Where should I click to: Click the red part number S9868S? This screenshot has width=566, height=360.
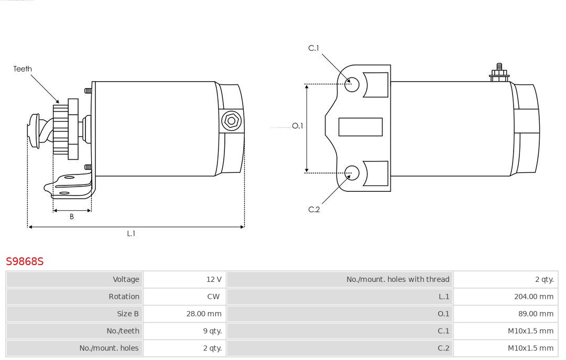[x=25, y=261]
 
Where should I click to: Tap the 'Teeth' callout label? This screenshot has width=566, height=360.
[x=23, y=69]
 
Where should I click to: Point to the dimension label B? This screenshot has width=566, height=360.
[x=71, y=216]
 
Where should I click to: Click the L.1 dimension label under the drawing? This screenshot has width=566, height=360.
[x=131, y=234]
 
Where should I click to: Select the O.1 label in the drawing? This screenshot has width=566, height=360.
[x=298, y=126]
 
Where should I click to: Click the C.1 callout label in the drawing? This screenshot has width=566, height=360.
[x=313, y=48]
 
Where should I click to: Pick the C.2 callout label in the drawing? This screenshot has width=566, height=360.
[x=314, y=210]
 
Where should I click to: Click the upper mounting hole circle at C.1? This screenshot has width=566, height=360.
[x=352, y=84]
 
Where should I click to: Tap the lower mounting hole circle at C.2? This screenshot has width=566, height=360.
[x=352, y=173]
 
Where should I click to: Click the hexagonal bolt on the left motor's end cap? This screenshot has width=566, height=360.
[x=231, y=121]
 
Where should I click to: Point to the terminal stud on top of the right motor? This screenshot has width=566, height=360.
[x=499, y=73]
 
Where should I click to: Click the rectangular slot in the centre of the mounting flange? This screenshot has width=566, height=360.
[x=360, y=127]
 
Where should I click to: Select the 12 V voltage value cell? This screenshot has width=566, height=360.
[x=214, y=279]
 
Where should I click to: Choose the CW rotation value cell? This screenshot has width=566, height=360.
[x=213, y=297]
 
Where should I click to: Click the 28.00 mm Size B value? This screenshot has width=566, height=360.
[x=204, y=314]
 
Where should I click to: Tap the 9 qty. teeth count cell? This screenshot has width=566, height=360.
[x=212, y=331]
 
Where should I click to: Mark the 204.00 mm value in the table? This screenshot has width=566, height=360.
[x=534, y=297]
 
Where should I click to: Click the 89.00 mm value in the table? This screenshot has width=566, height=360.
[x=536, y=314]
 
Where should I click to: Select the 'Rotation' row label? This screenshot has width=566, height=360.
[x=124, y=297]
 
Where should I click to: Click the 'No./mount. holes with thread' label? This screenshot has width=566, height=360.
[x=398, y=279]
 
